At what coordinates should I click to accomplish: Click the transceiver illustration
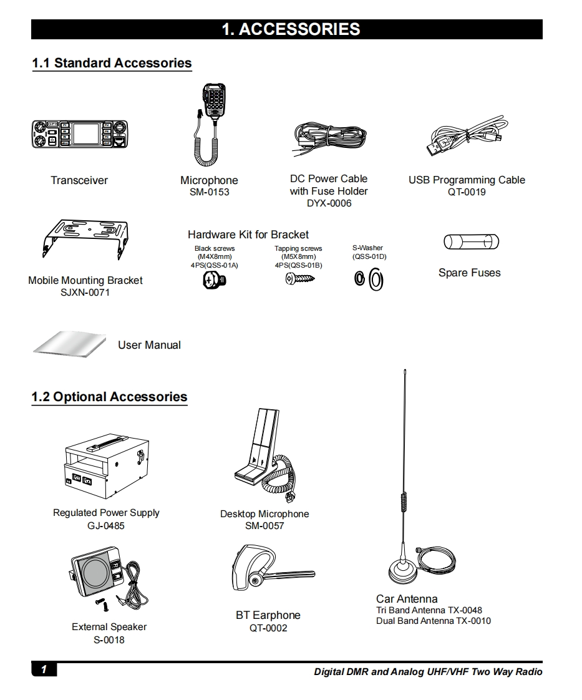[x=80, y=134]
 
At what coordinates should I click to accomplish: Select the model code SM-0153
[x=210, y=192]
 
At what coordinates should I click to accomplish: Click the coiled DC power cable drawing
[x=329, y=137]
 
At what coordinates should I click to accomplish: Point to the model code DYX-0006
[x=329, y=203]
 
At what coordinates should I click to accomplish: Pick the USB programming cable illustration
[x=467, y=135]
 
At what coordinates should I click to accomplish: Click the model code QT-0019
[x=467, y=192]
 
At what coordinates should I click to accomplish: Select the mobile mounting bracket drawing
[x=85, y=239]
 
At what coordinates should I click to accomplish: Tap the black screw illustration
[x=215, y=280]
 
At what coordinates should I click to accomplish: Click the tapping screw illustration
[x=299, y=279]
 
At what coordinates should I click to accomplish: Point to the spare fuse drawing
[x=472, y=242]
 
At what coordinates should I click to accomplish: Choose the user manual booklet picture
[x=70, y=344]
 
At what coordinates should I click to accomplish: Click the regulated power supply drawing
[x=107, y=465]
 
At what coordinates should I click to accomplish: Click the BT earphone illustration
[x=272, y=567]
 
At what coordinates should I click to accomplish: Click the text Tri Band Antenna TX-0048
[x=429, y=610]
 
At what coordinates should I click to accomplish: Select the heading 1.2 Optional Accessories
[x=109, y=397]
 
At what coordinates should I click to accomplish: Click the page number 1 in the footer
[x=44, y=669]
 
